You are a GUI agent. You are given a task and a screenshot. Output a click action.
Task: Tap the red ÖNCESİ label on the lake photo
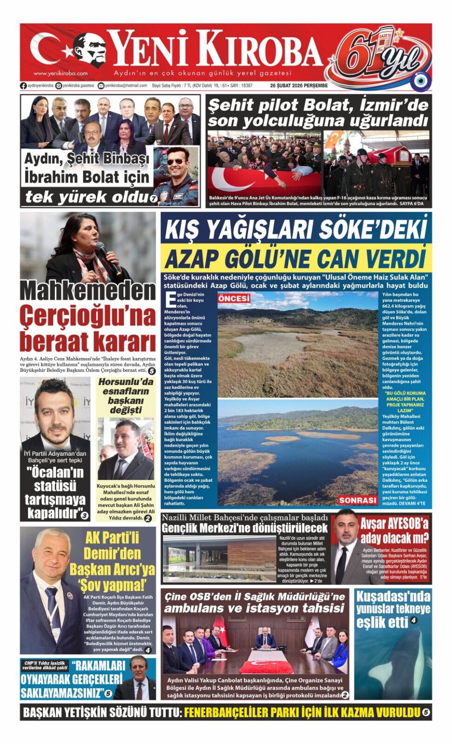(234, 299)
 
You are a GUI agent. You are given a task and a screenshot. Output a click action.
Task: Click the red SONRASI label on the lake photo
(358, 500)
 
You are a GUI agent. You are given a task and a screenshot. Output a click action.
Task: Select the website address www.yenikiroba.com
(61, 73)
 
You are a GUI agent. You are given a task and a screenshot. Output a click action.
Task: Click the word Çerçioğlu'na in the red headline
(88, 317)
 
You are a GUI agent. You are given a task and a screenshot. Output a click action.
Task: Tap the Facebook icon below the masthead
(23, 86)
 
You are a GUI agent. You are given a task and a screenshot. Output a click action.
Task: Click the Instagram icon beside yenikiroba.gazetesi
(58, 86)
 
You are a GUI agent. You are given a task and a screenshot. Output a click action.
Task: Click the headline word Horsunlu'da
(126, 382)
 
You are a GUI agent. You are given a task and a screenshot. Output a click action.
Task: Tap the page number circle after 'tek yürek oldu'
(153, 199)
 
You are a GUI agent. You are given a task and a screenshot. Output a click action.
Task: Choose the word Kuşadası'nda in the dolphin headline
(393, 597)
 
